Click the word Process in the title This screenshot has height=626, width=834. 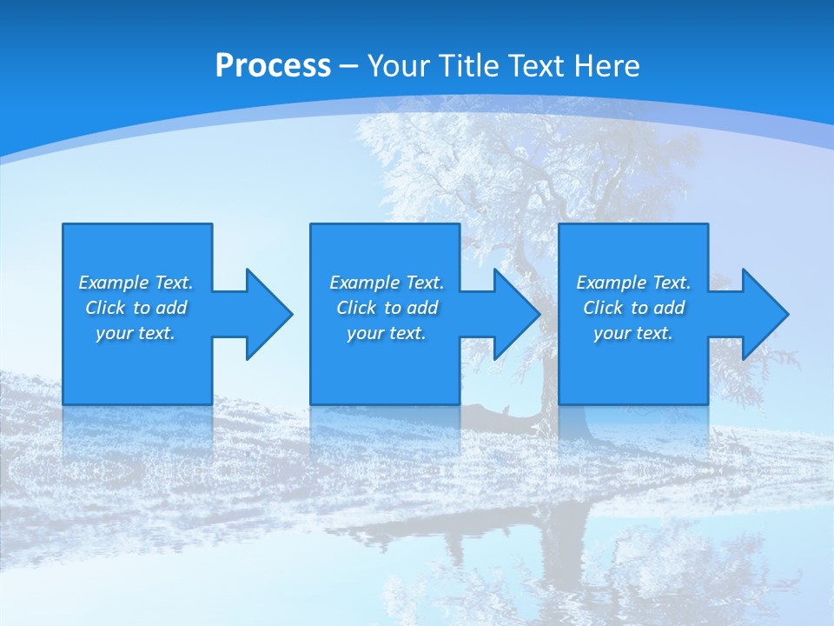tap(273, 66)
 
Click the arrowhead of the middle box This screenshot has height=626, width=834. tap(516, 314)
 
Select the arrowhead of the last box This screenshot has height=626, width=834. tap(764, 314)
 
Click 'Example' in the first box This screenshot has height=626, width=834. tap(114, 283)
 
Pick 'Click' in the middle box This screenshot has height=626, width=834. tap(356, 308)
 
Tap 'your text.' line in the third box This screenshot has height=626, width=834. tap(633, 333)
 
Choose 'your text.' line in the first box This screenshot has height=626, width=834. tap(136, 333)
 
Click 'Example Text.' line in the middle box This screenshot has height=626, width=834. tap(387, 283)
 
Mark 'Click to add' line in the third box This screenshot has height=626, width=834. tap(633, 308)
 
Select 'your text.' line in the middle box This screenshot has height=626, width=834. tap(387, 333)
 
